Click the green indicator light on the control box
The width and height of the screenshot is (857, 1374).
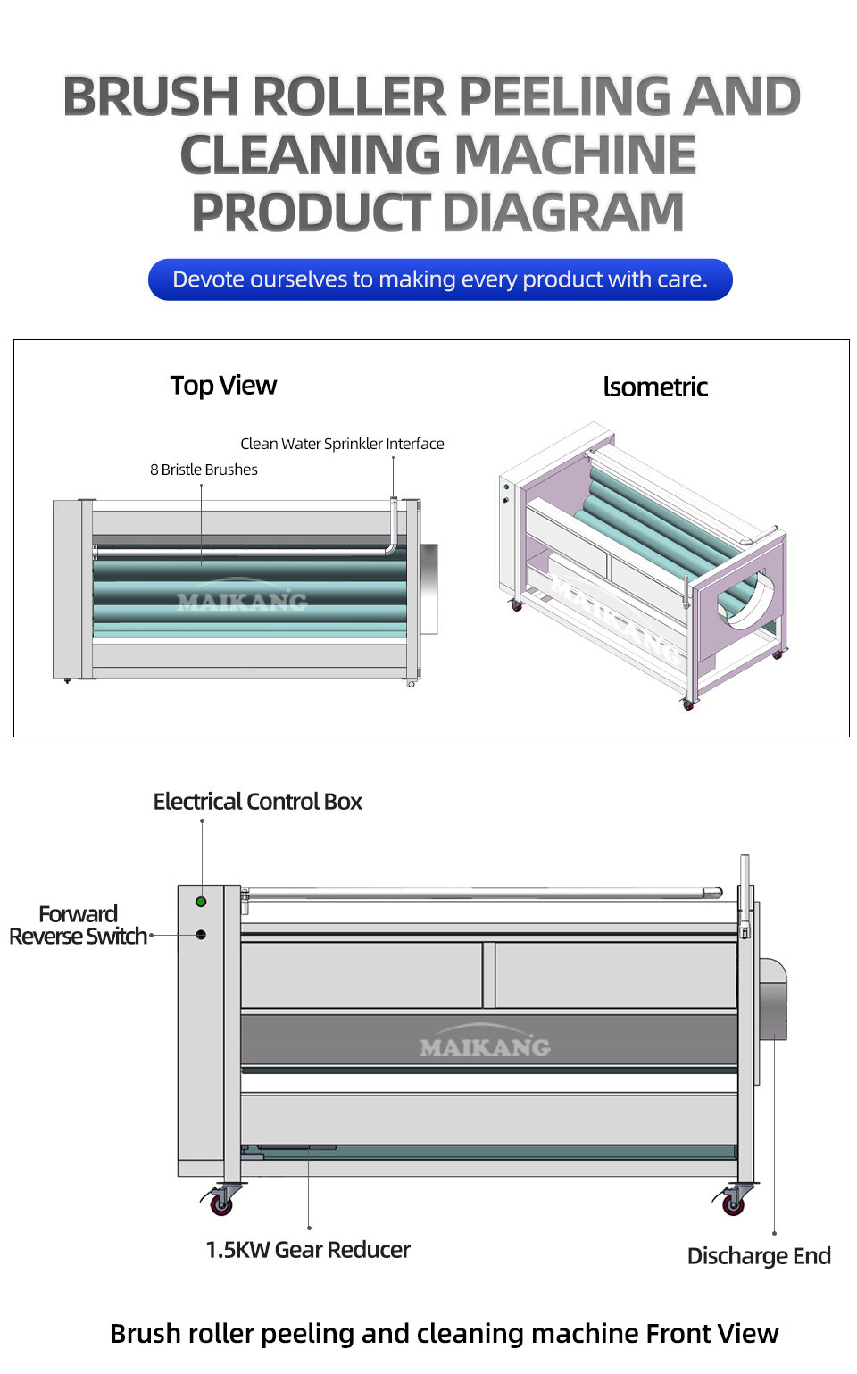pyautogui.click(x=201, y=902)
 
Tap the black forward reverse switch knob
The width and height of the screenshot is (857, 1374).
pyautogui.click(x=201, y=935)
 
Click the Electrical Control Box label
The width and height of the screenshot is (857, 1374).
pyautogui.click(x=257, y=802)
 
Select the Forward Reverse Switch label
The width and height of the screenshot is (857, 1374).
pyautogui.click(x=78, y=925)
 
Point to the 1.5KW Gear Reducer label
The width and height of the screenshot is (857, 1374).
pyautogui.click(x=308, y=1250)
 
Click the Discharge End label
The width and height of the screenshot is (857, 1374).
pyautogui.click(x=759, y=1256)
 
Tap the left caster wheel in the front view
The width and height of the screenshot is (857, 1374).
pyautogui.click(x=220, y=1204)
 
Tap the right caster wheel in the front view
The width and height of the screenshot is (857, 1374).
pyautogui.click(x=733, y=1204)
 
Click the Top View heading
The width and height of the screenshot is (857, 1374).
pyautogui.click(x=223, y=386)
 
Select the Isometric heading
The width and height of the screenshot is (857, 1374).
pyautogui.click(x=655, y=387)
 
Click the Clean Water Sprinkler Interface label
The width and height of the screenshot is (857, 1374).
pyautogui.click(x=342, y=444)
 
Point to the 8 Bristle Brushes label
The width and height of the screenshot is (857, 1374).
pyautogui.click(x=204, y=470)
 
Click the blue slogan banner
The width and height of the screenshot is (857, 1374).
pyautogui.click(x=440, y=279)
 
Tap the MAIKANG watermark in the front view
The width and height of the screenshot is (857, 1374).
pyautogui.click(x=485, y=1046)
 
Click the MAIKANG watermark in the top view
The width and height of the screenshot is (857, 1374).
pyautogui.click(x=242, y=602)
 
